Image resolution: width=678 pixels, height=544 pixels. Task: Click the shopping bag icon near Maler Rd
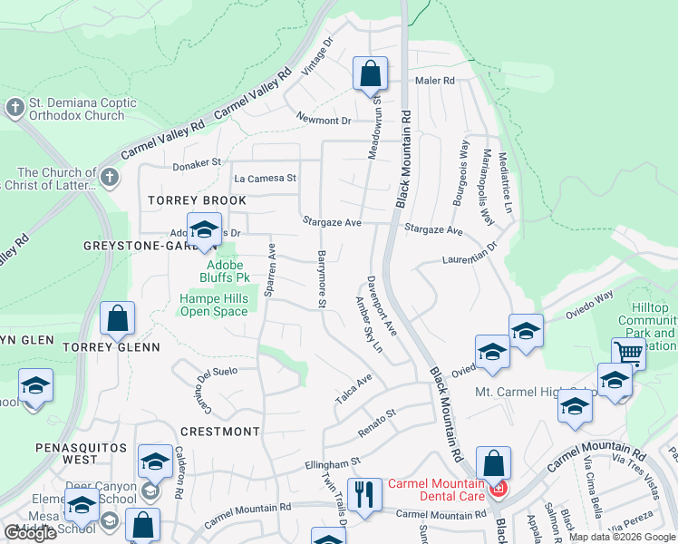tap(370, 74)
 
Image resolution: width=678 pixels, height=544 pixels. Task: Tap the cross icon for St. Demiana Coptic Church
tap(15, 108)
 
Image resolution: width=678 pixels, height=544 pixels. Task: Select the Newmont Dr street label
tap(323, 119)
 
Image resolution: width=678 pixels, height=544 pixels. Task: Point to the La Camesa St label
tap(265, 179)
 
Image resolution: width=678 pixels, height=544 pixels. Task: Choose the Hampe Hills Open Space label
tap(213, 305)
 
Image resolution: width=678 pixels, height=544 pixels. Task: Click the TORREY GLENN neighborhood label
tap(111, 346)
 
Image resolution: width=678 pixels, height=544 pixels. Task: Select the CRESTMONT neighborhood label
tap(220, 432)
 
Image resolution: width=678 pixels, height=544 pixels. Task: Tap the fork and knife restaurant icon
tap(364, 495)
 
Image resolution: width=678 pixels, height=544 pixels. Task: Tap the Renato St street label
tap(377, 418)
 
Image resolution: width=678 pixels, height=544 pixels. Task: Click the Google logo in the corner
tap(30, 533)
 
